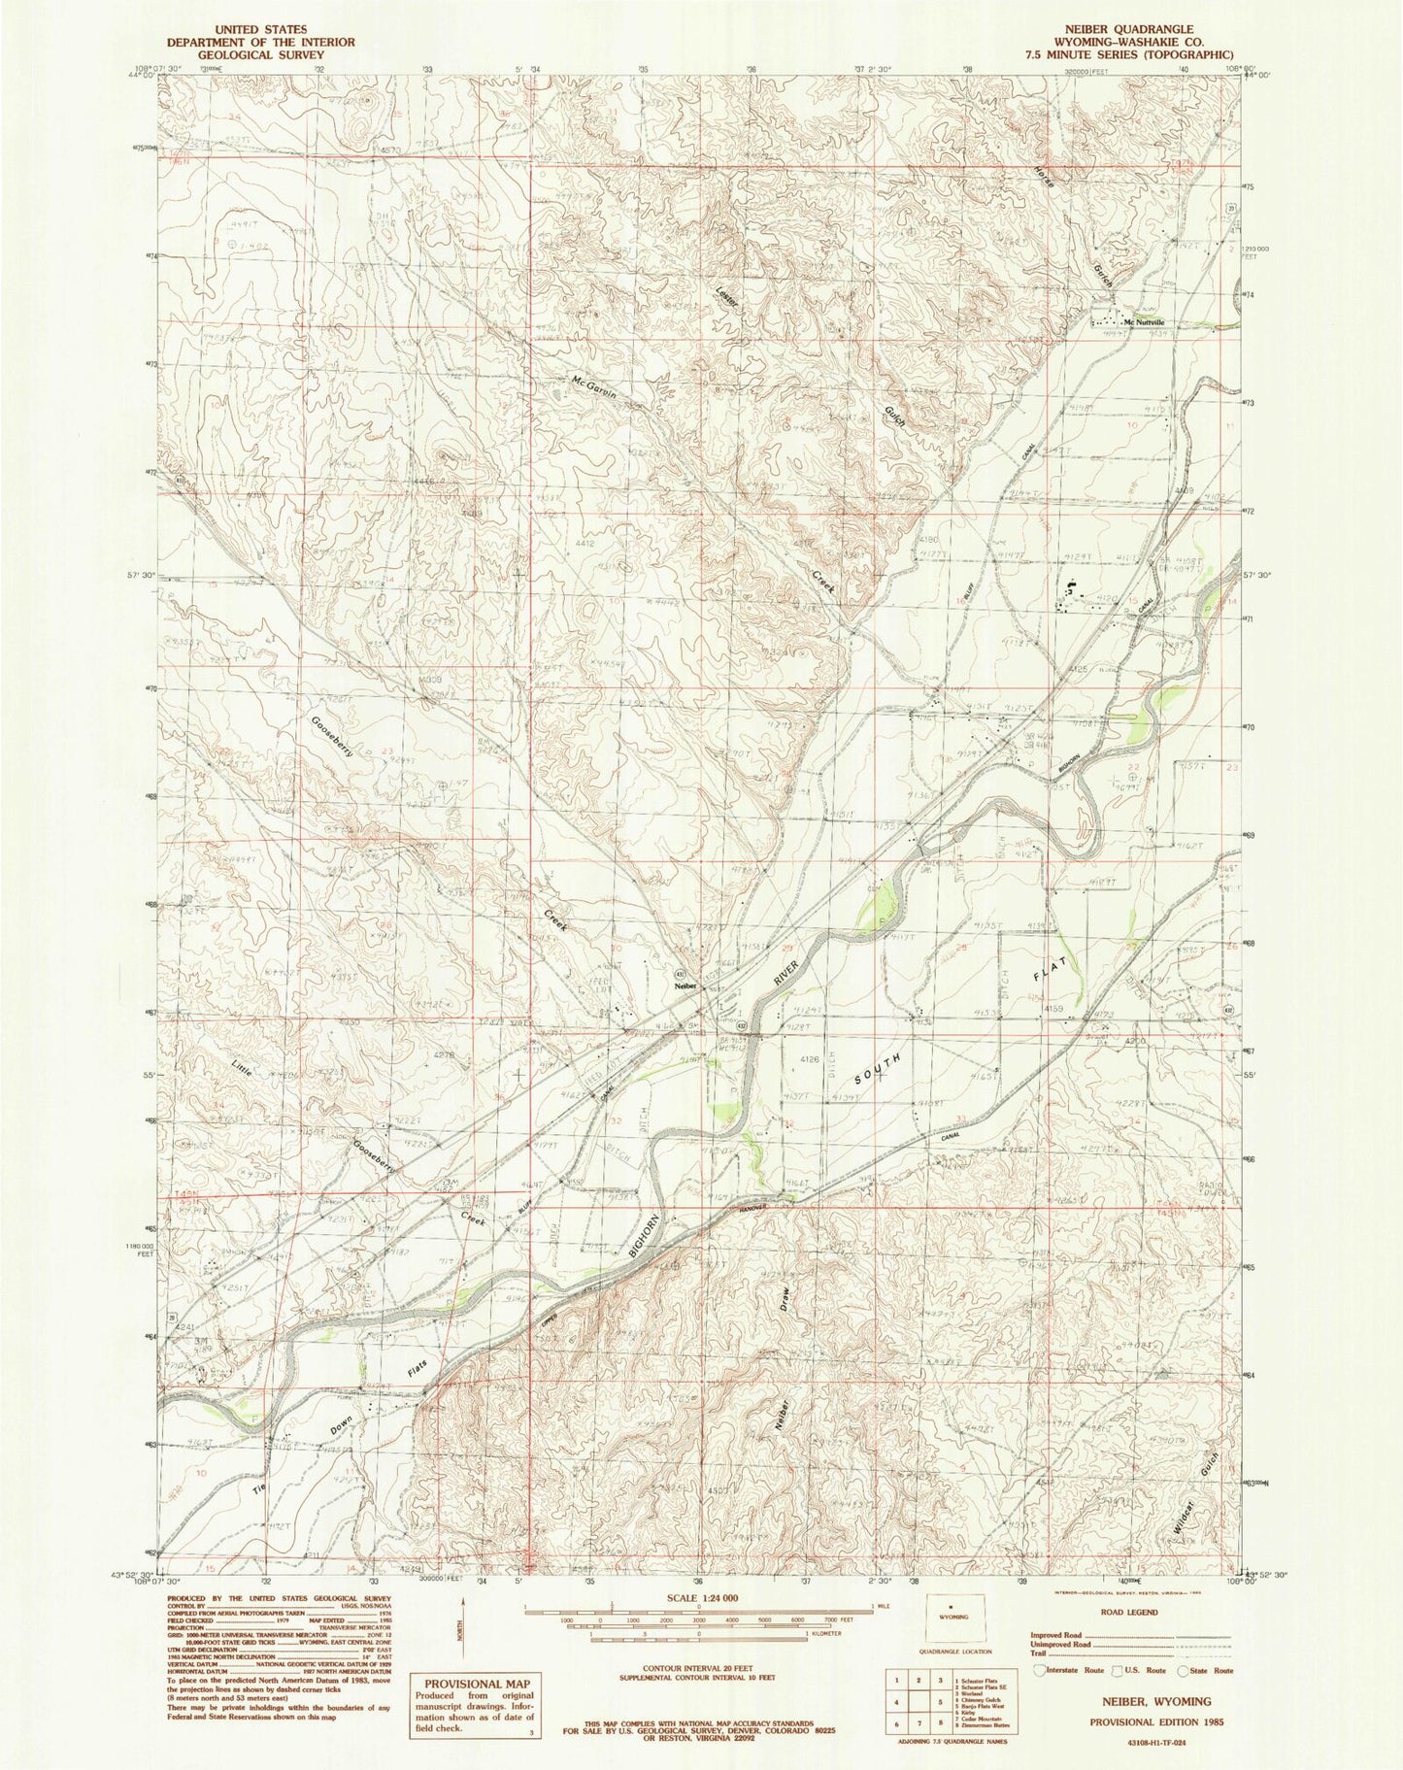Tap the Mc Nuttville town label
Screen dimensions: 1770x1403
click(x=1144, y=322)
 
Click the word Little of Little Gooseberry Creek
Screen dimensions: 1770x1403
click(x=247, y=1071)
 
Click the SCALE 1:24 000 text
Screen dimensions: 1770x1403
click(x=698, y=1598)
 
